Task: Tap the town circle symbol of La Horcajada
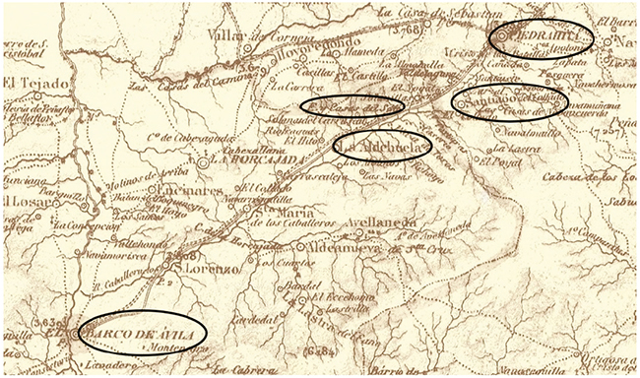203,161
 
